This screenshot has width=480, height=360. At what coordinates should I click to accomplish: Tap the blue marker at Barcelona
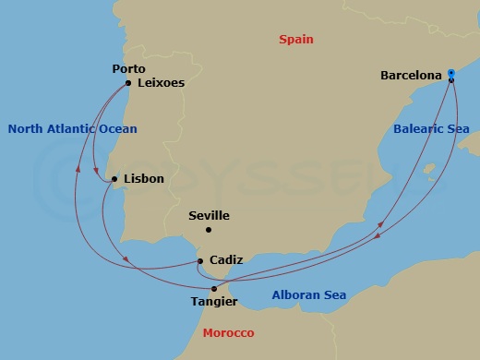point(450,72)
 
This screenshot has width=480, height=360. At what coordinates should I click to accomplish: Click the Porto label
point(128,68)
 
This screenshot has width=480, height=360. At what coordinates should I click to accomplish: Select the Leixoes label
point(161,82)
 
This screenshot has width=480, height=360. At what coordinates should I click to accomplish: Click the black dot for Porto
point(127,82)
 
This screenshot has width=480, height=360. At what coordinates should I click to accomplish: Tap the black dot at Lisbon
point(114,179)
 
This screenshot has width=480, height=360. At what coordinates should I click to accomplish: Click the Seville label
point(209,216)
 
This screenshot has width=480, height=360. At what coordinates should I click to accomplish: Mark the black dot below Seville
point(209,230)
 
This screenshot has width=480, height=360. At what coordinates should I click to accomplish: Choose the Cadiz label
point(227,261)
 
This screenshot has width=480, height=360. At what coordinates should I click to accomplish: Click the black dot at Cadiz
point(200,261)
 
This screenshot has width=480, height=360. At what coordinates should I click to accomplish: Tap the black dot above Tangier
point(214,289)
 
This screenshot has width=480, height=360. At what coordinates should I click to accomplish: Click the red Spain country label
point(296,40)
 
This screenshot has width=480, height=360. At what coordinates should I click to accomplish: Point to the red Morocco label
point(229,332)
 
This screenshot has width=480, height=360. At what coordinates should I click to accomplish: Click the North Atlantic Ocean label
point(72,129)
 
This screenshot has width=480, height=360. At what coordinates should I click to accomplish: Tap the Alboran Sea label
point(309,295)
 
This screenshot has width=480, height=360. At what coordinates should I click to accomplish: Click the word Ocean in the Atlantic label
point(117,129)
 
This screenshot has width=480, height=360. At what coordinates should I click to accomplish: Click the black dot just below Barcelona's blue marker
point(450,80)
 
